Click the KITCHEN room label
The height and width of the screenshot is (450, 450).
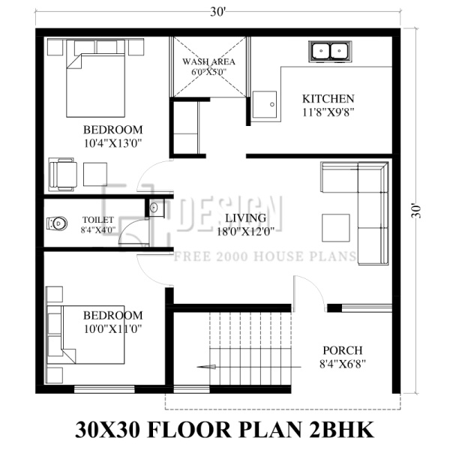328,99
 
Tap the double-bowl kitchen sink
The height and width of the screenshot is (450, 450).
329,52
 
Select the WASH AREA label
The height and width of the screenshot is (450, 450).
209,61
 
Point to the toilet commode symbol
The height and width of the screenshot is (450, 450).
57,223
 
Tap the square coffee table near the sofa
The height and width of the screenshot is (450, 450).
332,224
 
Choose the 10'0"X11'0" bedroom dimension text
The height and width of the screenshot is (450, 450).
112,328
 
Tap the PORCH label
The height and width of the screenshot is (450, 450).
342,350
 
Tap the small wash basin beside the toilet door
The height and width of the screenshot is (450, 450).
154,208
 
